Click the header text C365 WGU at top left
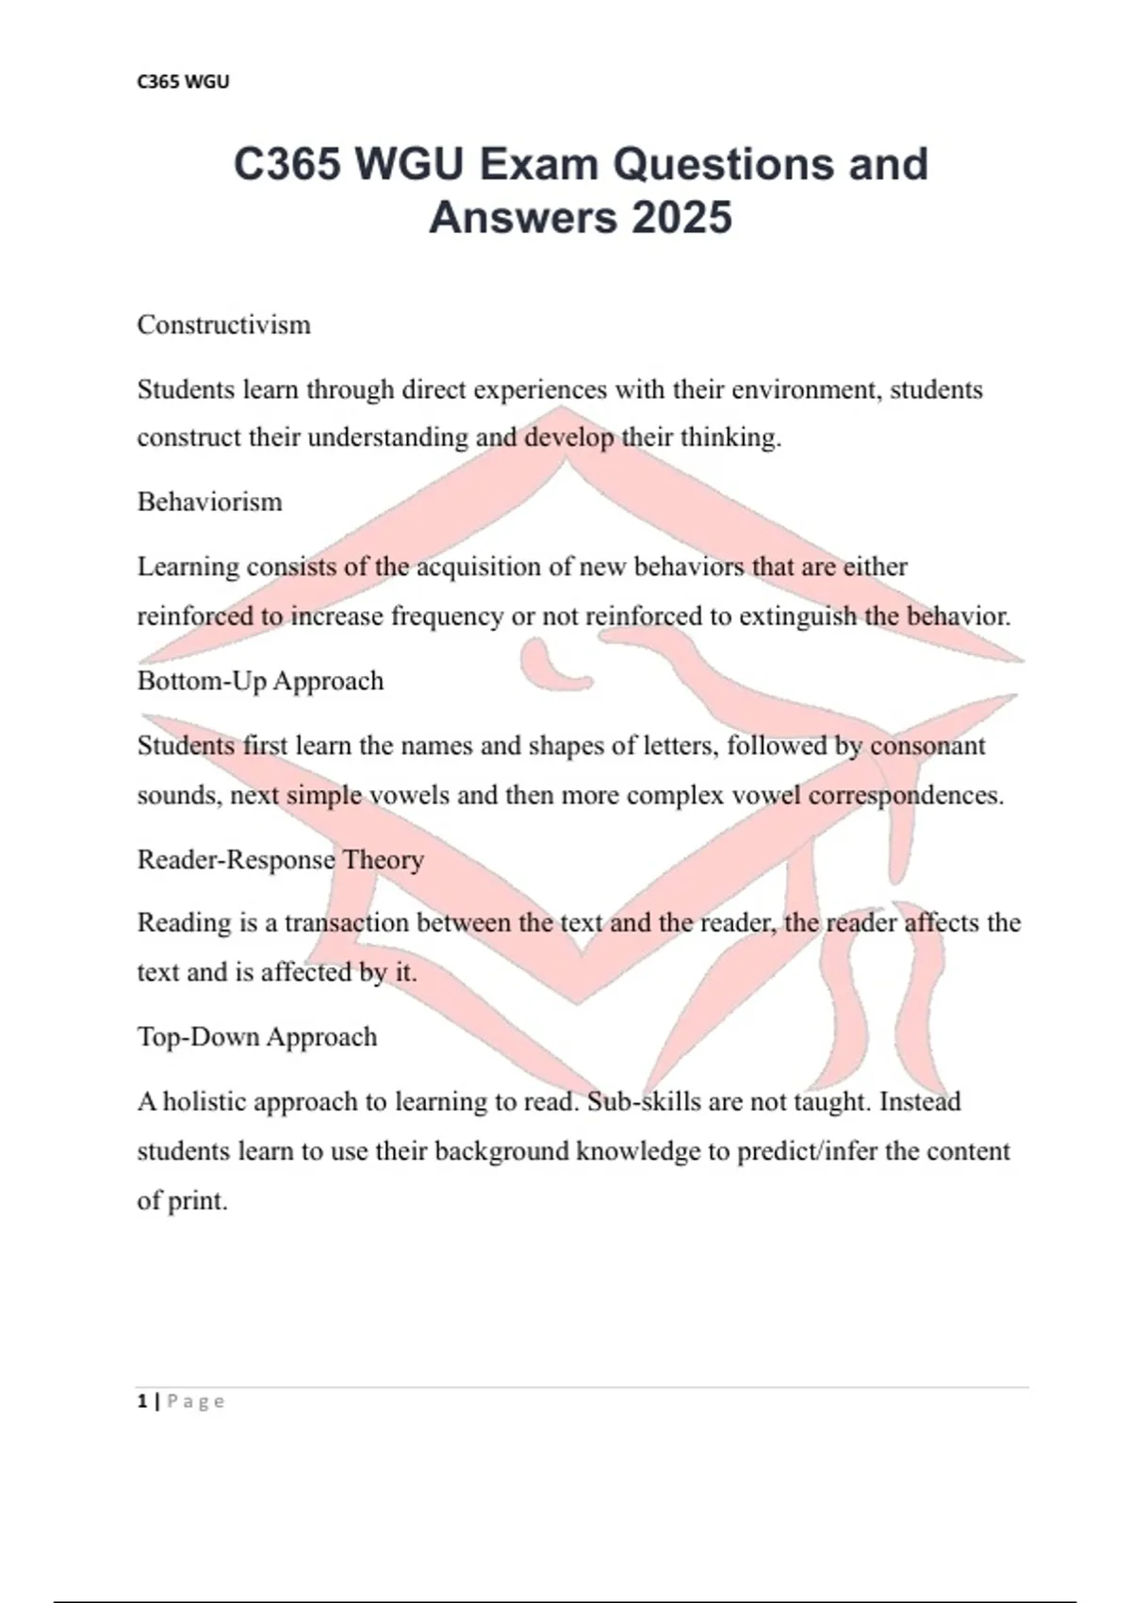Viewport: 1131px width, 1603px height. coord(183,82)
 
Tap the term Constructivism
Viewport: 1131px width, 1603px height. coord(223,325)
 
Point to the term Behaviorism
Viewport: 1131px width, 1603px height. coord(209,502)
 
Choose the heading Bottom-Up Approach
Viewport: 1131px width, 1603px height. coord(260,681)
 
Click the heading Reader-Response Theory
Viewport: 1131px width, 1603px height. coord(280,859)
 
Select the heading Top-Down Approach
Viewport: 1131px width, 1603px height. coord(256,1037)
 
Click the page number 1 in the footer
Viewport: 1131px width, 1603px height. coord(141,1401)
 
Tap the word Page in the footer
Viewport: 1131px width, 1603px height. coord(196,1402)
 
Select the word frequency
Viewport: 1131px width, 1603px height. coord(447,617)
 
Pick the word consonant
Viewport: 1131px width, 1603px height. coord(927,746)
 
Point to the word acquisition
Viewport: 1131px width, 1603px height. coord(484,567)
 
